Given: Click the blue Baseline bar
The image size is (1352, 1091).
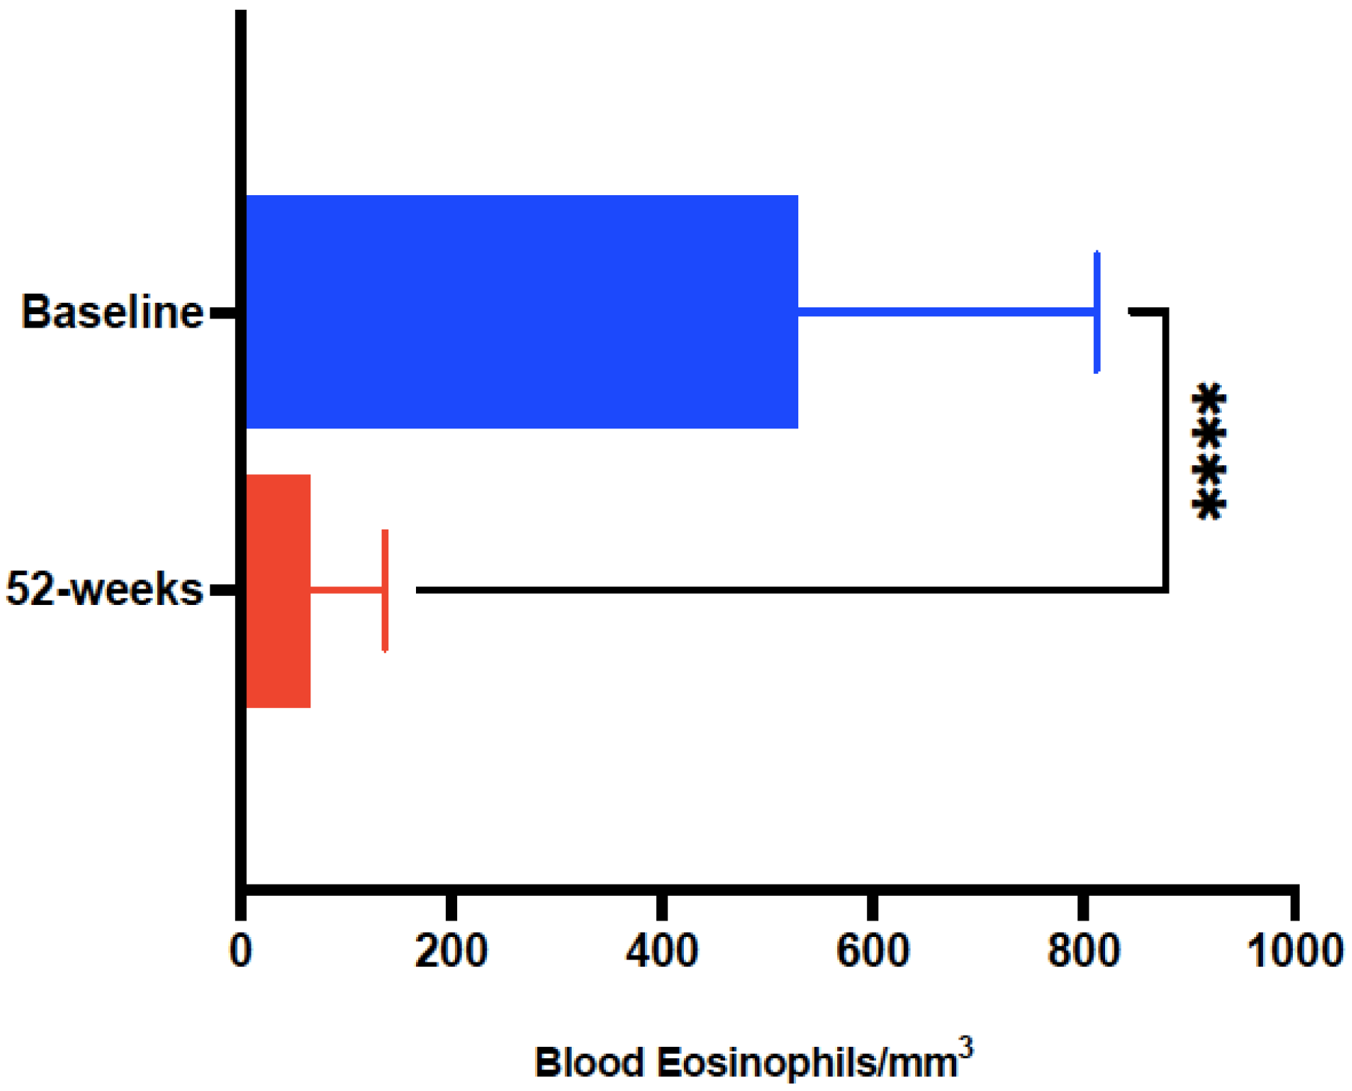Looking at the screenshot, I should click(x=521, y=312).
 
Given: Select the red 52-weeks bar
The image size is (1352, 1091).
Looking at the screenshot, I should click(x=278, y=591).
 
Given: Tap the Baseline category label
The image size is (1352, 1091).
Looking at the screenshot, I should click(x=112, y=312).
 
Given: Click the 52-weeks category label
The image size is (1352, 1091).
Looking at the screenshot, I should click(x=105, y=589).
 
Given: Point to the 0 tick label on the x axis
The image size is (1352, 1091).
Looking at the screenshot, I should click(x=241, y=951).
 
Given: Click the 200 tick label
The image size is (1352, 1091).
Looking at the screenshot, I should click(x=451, y=951).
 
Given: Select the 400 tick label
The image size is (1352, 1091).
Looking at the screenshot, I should click(x=662, y=951).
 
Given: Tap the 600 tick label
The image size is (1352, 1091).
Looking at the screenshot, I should click(x=872, y=951).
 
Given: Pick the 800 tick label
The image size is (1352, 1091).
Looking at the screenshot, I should click(x=1083, y=951).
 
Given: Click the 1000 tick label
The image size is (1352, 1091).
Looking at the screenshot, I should click(x=1294, y=951).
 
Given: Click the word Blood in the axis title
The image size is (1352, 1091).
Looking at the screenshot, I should click(x=590, y=1063).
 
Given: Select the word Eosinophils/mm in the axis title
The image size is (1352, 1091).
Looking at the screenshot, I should click(x=808, y=1063).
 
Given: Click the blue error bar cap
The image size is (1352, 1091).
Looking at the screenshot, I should click(x=1097, y=312).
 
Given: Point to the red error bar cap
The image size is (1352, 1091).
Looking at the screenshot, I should click(x=385, y=591).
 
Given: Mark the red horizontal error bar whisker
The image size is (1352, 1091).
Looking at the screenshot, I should click(x=346, y=591).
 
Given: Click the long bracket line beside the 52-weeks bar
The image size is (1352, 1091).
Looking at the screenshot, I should click(x=786, y=591).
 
